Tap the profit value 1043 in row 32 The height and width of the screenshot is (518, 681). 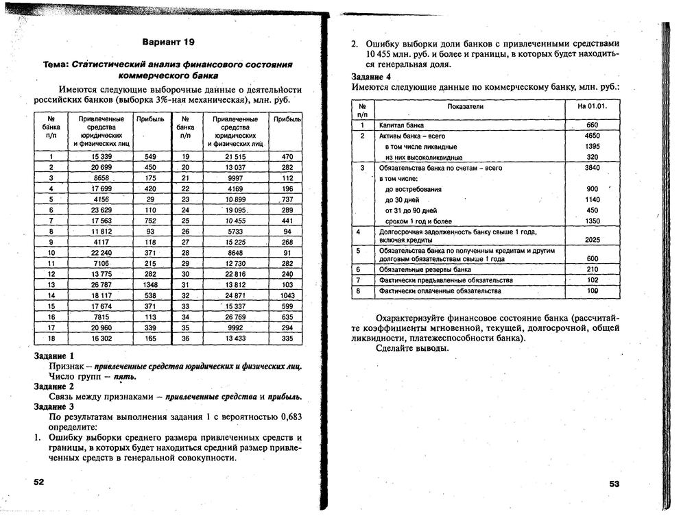click(x=287, y=295)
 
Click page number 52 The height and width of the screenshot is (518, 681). click(x=39, y=482)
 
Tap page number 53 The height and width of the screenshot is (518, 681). click(x=614, y=484)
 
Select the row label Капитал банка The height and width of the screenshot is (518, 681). click(x=402, y=125)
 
